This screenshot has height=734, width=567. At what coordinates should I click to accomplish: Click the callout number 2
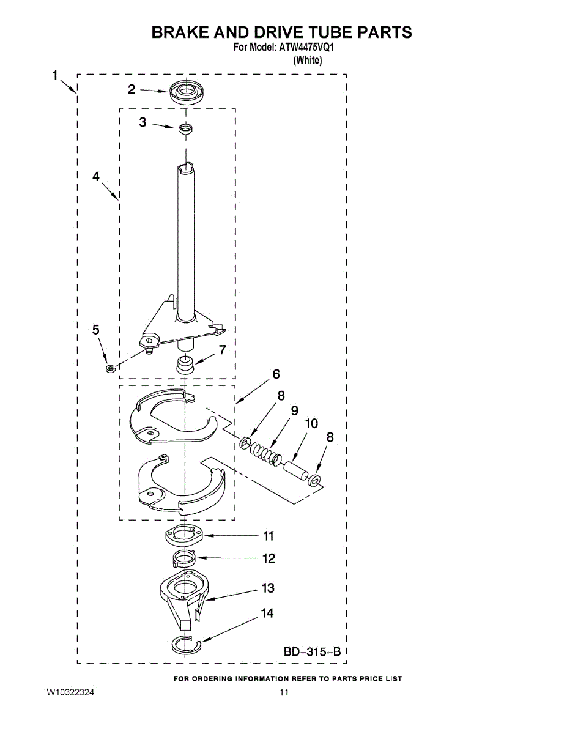click(132, 89)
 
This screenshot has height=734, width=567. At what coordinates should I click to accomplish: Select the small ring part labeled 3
click(185, 128)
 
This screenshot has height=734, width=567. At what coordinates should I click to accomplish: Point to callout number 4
click(96, 176)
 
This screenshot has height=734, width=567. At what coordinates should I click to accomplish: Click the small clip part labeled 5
click(110, 368)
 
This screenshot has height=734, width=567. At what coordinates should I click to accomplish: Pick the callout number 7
click(223, 350)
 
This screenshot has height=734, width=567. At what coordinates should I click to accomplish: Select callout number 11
click(268, 536)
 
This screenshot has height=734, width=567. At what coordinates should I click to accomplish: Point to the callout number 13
click(268, 588)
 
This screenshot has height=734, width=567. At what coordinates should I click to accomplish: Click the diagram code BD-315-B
click(311, 653)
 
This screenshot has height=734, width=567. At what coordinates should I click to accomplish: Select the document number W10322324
click(70, 693)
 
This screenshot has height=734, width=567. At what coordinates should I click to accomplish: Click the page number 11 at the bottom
click(283, 693)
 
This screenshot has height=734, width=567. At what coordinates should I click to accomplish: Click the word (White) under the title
click(308, 60)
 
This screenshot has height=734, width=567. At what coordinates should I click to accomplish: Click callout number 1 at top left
click(55, 75)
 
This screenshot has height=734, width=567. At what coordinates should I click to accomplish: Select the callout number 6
click(276, 374)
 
